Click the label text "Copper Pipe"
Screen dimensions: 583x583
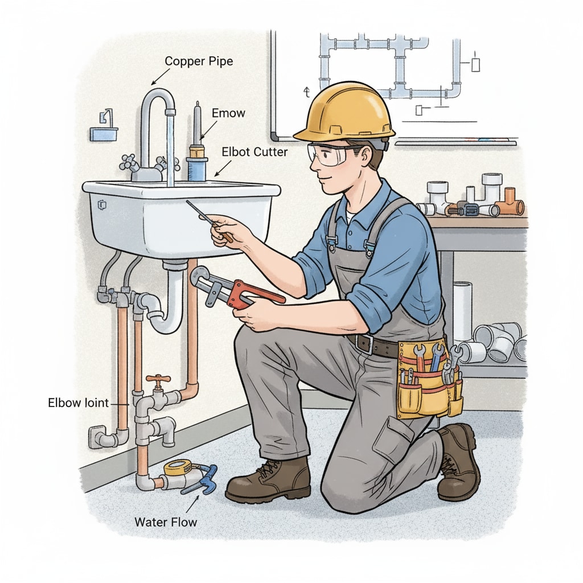pyautogui.click(x=199, y=61)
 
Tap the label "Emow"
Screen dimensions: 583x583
pyautogui.click(x=228, y=113)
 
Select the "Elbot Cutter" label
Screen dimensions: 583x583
pyautogui.click(x=254, y=151)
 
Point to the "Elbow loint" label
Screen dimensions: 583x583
pyautogui.click(x=78, y=403)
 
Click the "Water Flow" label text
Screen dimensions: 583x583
pyautogui.click(x=166, y=522)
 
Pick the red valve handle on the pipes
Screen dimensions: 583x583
pyautogui.click(x=158, y=380)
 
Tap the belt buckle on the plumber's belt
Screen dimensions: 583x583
pyautogui.click(x=364, y=343)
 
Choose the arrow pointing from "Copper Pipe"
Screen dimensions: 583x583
pyautogui.click(x=160, y=77)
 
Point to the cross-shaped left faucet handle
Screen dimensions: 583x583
pyautogui.click(x=129, y=161)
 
